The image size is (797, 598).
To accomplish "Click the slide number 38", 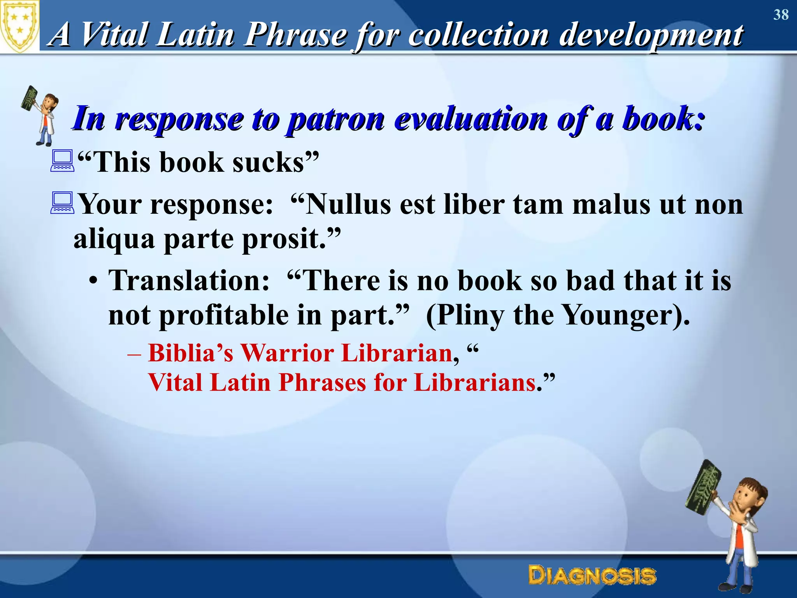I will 781,15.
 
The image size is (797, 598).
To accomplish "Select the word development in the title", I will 651,34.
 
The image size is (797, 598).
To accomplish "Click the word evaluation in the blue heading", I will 471,118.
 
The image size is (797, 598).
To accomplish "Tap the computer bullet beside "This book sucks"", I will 62,161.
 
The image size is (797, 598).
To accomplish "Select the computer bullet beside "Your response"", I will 62,203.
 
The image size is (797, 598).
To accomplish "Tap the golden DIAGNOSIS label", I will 592,576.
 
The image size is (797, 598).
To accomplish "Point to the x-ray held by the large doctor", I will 703,487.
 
